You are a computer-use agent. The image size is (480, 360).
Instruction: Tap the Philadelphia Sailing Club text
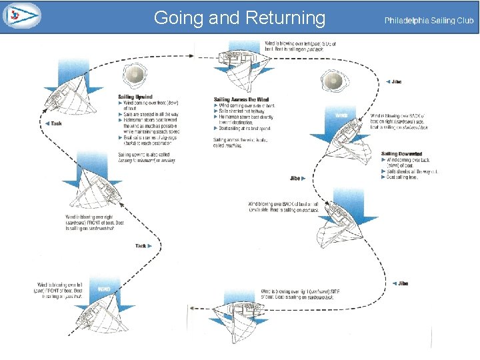point(429,21)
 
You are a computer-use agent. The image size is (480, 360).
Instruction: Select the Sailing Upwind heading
point(135,97)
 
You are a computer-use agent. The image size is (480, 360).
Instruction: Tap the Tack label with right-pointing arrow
point(143,245)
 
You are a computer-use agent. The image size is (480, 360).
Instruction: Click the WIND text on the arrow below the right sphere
point(341,115)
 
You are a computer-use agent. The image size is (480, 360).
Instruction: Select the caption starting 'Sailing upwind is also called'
point(141,158)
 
